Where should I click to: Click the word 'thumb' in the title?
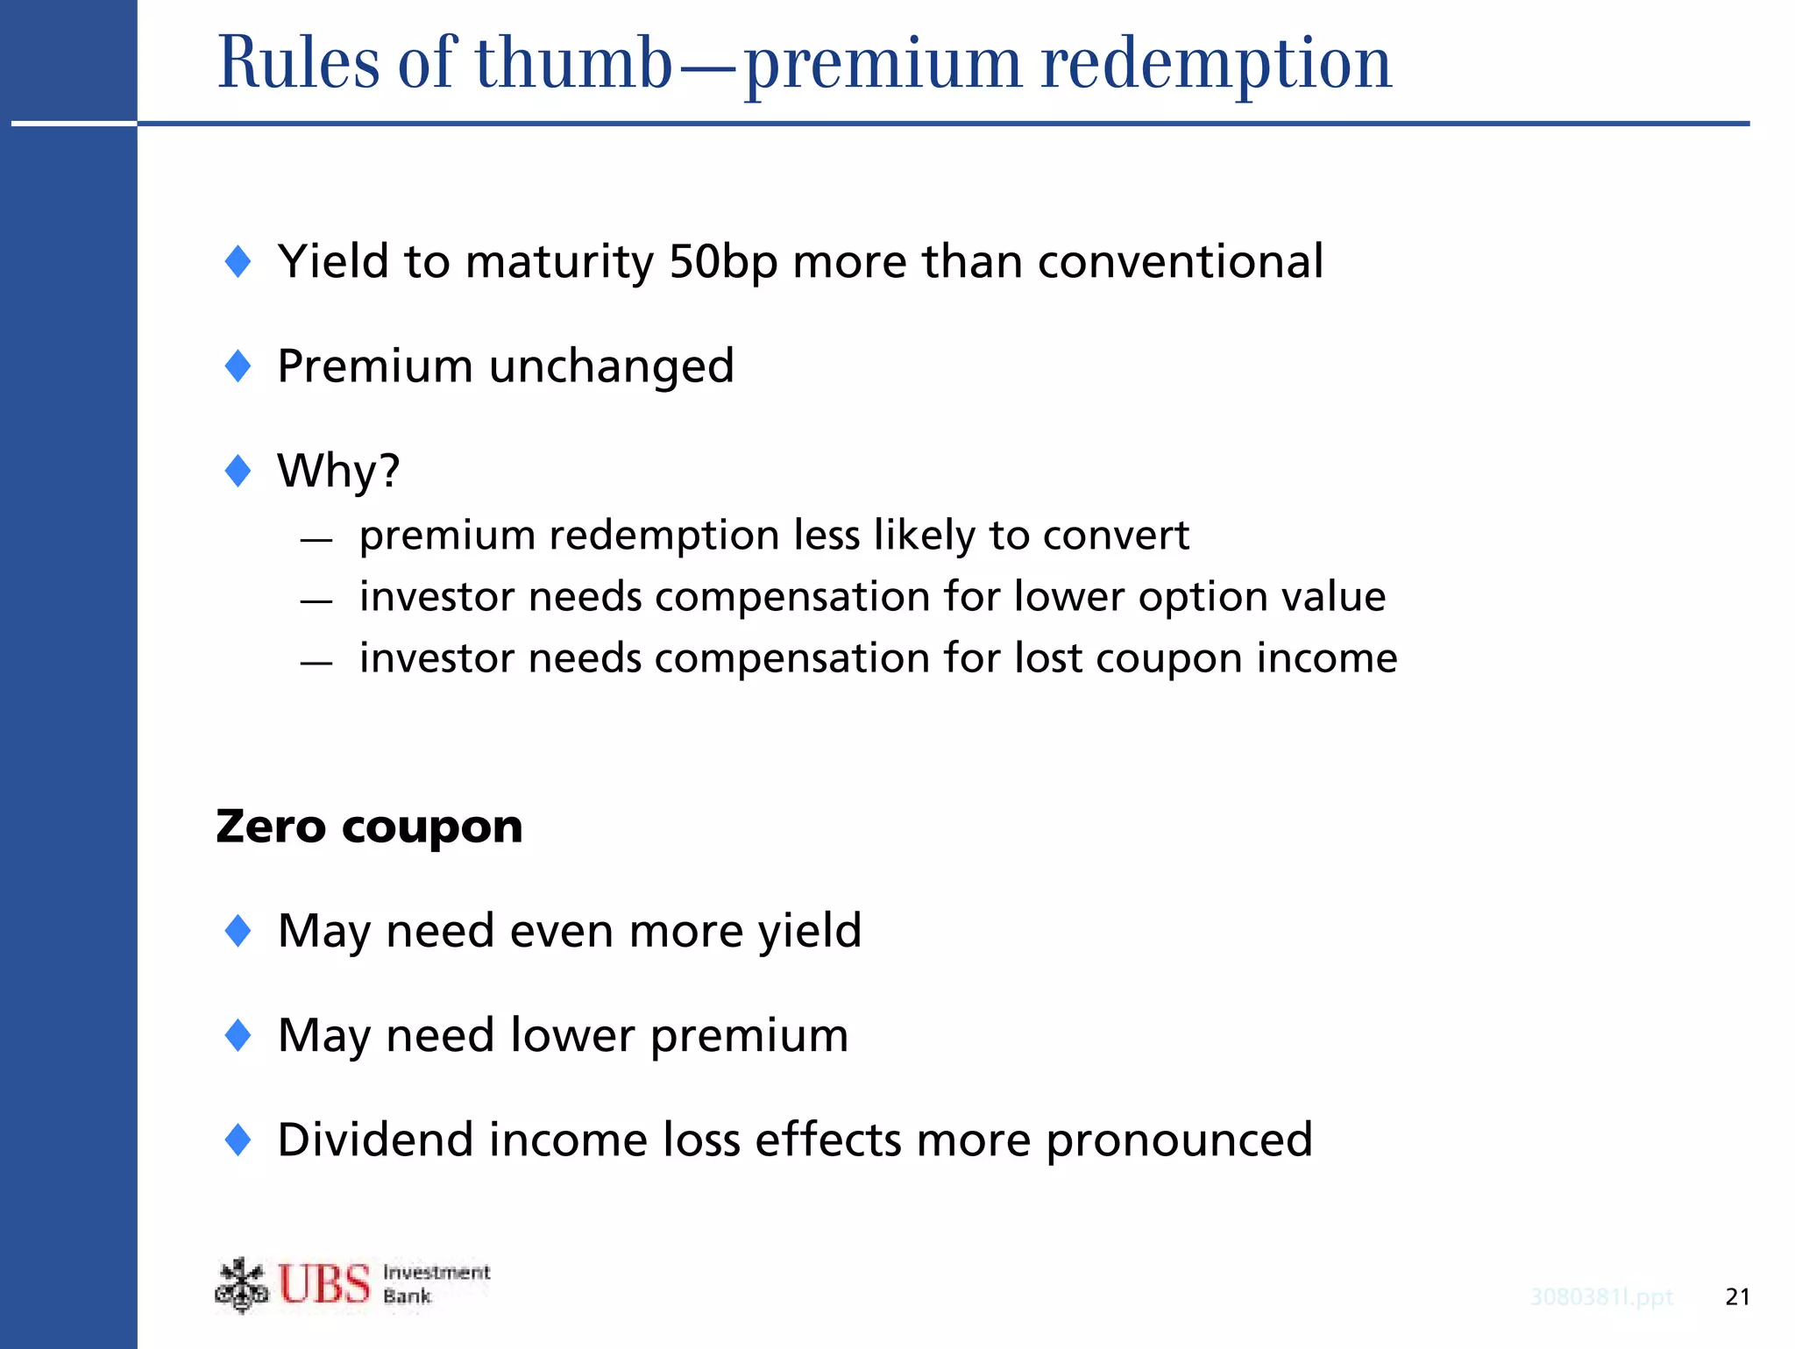click(573, 63)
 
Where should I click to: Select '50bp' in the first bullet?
click(722, 261)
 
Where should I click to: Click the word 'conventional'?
click(1180, 261)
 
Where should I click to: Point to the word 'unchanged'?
click(611, 366)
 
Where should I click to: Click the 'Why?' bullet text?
click(338, 471)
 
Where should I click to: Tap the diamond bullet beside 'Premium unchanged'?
click(238, 366)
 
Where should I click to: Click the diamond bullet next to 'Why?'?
click(238, 471)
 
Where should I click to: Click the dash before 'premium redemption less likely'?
click(316, 540)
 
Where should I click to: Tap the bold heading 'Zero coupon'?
click(369, 827)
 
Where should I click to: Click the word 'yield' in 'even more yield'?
click(810, 931)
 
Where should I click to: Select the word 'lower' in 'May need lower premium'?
click(572, 1035)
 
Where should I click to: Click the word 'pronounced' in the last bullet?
click(1179, 1141)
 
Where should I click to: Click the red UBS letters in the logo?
click(324, 1284)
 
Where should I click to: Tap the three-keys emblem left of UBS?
click(241, 1285)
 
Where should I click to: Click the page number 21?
click(1736, 1297)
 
